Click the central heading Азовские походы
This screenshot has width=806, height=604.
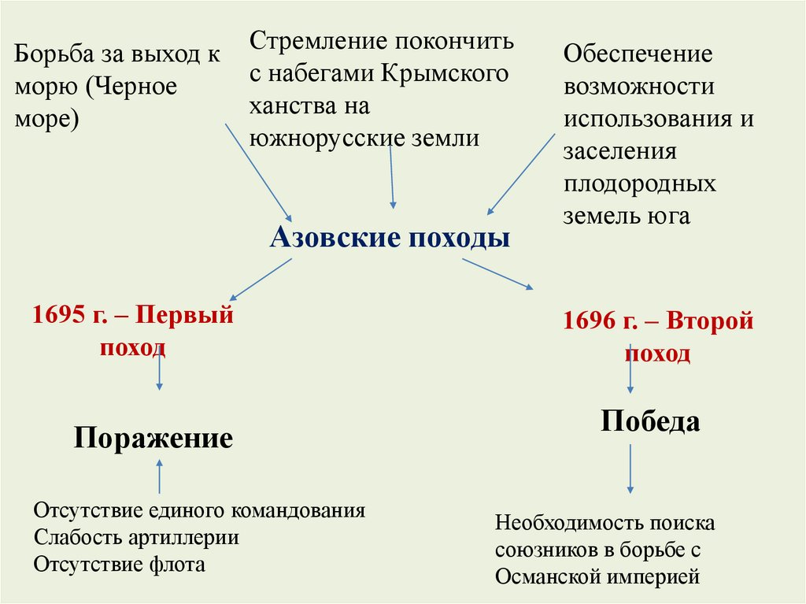click(390, 237)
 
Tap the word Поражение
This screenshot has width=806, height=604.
click(153, 438)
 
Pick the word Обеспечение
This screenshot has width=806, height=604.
click(638, 54)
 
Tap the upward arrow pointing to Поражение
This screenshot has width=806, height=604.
click(160, 476)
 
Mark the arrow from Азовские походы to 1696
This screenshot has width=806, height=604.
click(497, 274)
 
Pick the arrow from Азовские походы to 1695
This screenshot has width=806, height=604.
click(260, 280)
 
